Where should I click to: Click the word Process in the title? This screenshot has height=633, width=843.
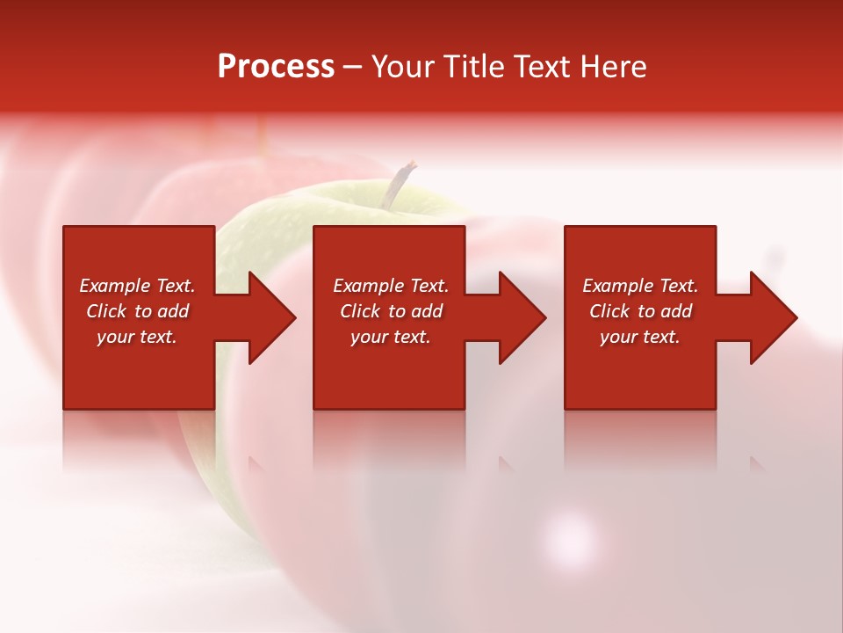point(276,67)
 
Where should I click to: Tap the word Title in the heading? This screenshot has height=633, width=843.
point(472,67)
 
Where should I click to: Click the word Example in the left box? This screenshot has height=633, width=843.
point(115,286)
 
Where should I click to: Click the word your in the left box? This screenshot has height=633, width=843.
point(115,337)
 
